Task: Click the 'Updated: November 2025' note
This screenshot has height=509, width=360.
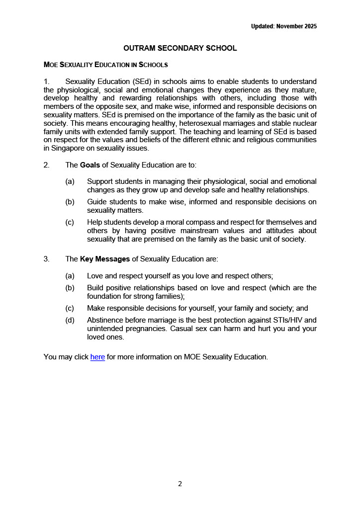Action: [284, 26]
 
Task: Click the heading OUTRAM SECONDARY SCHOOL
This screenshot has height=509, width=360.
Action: [180, 48]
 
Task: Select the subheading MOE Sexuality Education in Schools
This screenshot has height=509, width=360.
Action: [105, 65]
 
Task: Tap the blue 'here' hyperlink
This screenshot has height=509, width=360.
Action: [97, 356]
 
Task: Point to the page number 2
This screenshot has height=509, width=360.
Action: [180, 484]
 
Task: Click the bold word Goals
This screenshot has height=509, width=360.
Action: [90, 165]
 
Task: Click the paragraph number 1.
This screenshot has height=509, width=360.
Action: [46, 81]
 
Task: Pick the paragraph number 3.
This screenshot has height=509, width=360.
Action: [46, 258]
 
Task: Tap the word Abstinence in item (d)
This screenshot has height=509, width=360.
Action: [106, 320]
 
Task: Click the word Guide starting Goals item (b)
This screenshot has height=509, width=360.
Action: [97, 201]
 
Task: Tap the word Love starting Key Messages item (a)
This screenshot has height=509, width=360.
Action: [95, 275]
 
